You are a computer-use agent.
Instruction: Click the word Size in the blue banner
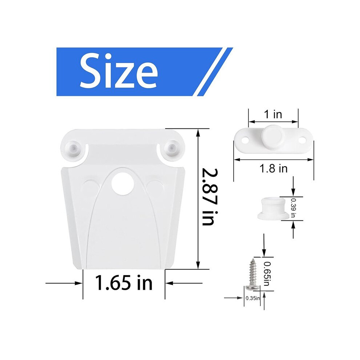[119, 70]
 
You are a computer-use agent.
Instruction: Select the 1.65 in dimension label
[124, 283]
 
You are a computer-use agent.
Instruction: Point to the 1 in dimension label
[273, 114]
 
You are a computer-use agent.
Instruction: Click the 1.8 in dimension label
[273, 168]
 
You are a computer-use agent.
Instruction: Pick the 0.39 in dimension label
[293, 208]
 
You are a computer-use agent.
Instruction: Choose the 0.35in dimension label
[253, 298]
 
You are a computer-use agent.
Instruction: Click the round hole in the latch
[123, 184]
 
